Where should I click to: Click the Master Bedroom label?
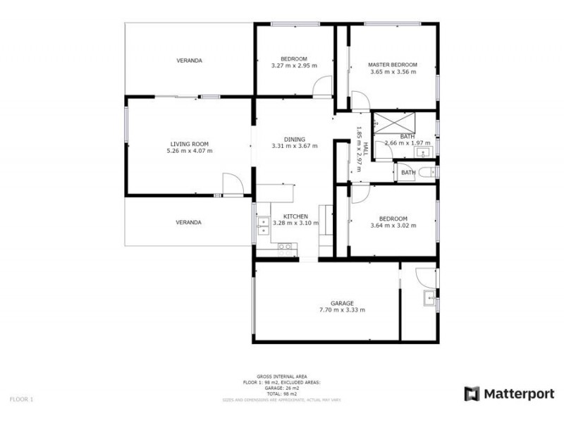[x=393, y=64]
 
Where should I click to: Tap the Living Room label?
[x=189, y=143]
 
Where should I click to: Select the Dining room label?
[x=294, y=139]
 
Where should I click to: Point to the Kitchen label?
[x=294, y=216]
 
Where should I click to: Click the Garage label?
[x=342, y=303]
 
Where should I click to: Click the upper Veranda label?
[x=189, y=61]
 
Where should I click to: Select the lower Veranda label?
[x=189, y=222]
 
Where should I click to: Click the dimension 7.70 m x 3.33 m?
[x=342, y=310]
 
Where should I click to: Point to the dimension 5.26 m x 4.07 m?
[x=189, y=150]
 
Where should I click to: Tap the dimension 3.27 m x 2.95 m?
[x=294, y=66]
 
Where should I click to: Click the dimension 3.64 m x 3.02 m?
[x=393, y=226]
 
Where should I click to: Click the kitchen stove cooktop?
[x=286, y=246]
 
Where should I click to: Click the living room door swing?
[x=233, y=185]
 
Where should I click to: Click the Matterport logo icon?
[x=472, y=393]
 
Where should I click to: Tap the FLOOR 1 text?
[x=21, y=399]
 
